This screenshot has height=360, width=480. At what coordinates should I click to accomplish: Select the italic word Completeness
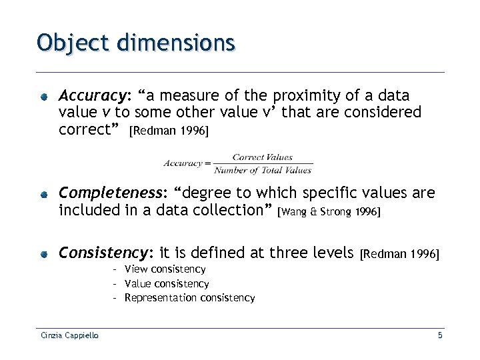[x=112, y=194]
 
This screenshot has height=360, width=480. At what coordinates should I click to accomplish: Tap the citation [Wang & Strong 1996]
[x=331, y=212]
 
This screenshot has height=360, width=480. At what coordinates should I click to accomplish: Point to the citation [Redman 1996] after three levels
[x=399, y=254]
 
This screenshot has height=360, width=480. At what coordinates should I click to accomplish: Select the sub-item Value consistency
[x=167, y=284]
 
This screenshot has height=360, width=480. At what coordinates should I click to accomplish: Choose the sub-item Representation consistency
[x=189, y=298]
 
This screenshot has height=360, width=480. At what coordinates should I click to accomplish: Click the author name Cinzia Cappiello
[x=67, y=336]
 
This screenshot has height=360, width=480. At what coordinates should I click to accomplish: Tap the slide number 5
[x=440, y=336]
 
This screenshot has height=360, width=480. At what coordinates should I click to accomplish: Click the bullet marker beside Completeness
[x=43, y=195]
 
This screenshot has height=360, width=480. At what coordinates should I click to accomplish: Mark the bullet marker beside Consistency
[x=43, y=254]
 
